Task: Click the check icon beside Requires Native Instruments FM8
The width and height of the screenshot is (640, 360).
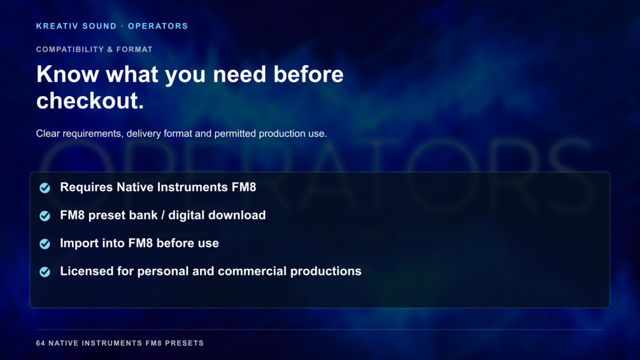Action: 45,188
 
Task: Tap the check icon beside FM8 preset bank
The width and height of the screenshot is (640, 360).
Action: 45,215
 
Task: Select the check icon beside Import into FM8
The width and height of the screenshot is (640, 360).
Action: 45,243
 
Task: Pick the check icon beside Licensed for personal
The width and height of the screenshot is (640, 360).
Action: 45,271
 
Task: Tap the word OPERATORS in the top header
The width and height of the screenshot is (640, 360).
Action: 158,26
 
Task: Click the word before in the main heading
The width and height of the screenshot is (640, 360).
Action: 308,75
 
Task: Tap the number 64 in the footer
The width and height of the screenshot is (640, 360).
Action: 40,343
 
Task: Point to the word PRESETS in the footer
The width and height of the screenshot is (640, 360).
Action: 184,343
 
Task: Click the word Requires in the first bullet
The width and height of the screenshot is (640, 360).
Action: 86,187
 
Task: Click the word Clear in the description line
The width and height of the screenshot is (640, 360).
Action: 48,133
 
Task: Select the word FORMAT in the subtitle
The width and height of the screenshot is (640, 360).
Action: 134,50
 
